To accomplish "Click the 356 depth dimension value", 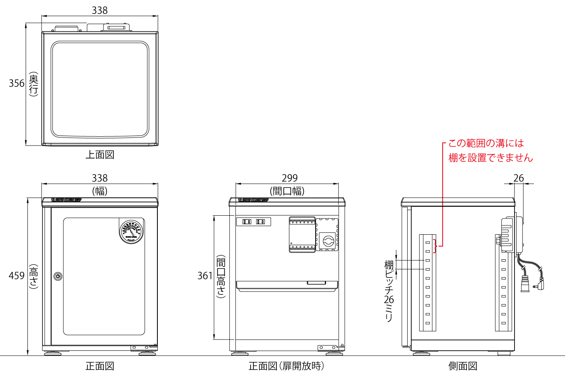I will [x=17, y=83].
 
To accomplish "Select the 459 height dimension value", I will [x=17, y=276].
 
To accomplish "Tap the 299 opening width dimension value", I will [x=289, y=178].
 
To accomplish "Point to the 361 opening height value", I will [x=205, y=276].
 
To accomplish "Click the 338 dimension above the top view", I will [x=100, y=10].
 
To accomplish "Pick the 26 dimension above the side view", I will [x=519, y=178].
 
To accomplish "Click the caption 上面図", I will [x=100, y=155].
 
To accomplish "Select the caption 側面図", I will [x=463, y=366].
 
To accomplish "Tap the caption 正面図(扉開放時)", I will [x=286, y=366].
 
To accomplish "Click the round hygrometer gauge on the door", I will [x=131, y=232].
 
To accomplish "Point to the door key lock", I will [x=58, y=276].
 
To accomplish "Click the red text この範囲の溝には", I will [x=486, y=143].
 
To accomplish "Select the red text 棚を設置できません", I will [x=490, y=158].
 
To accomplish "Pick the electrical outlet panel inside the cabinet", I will [x=253, y=222].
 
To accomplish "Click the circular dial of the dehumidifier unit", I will [x=328, y=241].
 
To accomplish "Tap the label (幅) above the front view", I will [x=100, y=191].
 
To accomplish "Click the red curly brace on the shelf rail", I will [x=435, y=246].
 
